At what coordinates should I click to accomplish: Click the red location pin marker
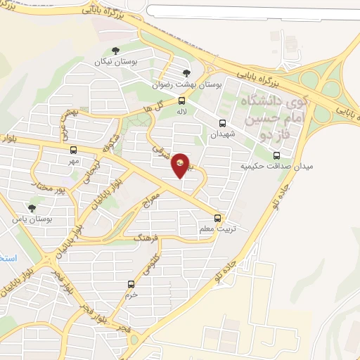tap(181, 165)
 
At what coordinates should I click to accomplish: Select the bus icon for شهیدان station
tap(222, 124)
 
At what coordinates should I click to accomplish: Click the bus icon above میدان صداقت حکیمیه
tap(276, 155)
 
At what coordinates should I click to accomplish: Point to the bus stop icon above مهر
tap(73, 150)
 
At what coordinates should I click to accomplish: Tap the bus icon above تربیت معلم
tap(218, 218)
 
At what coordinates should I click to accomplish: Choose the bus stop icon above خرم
tap(131, 284)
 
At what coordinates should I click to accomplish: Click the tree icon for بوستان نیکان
tap(115, 49)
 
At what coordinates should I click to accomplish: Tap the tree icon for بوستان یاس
tap(31, 208)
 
